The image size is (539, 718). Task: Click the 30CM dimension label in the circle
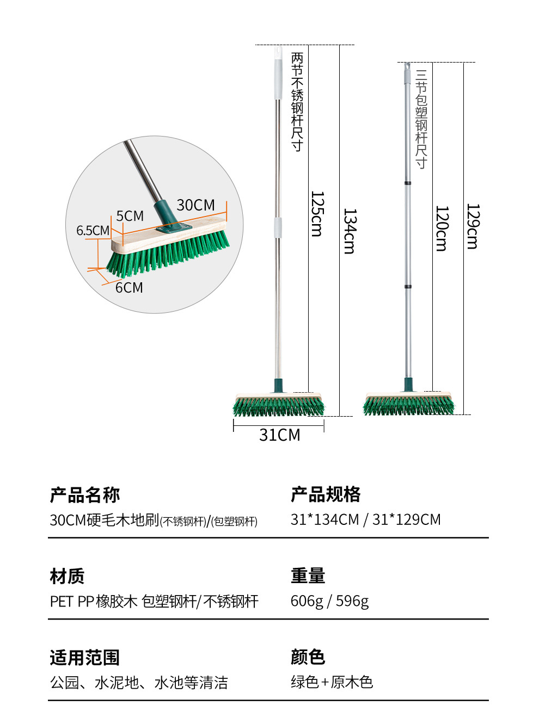coord(195,205)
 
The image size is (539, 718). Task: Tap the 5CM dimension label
coord(130,216)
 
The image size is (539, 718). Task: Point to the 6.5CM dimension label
coord(93,231)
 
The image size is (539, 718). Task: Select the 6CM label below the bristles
coord(129,287)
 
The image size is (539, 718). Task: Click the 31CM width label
coord(279,435)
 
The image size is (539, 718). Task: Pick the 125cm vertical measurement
coord(317,214)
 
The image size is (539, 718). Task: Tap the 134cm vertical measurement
coord(350,231)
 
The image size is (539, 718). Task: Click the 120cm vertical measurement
coord(442,228)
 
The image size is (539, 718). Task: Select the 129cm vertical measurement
coord(473,226)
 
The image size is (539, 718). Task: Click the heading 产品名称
coord(85,495)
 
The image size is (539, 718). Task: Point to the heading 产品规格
coord(326,494)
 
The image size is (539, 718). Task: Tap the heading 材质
coord(68,576)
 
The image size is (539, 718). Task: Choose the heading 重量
coord(308,575)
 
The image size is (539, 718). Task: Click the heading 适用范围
coord(85,658)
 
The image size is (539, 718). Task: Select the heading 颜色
coord(308,657)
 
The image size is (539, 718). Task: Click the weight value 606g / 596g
coord(329,601)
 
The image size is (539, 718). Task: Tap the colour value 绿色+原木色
coord(332,682)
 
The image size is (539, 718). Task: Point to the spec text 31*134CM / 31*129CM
coord(365,519)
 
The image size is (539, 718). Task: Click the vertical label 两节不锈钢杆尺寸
coord(297,102)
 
